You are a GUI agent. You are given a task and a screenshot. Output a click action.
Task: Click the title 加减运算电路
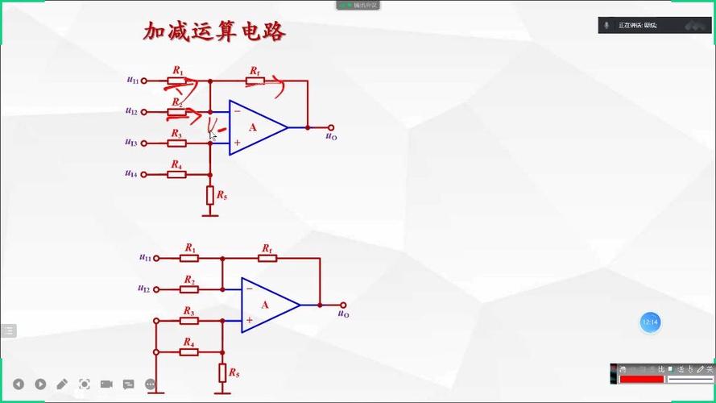point(214,31)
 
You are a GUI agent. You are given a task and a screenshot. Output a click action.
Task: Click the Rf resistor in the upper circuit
point(255,81)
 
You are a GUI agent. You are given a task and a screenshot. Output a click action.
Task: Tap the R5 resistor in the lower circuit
point(222,372)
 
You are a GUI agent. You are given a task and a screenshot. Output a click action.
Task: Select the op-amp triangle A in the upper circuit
point(255,127)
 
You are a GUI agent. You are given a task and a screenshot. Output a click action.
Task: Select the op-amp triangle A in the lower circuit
point(267,305)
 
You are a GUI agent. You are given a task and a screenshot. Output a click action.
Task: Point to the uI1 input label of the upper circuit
point(132,80)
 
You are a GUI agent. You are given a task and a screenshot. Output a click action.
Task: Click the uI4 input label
point(131,173)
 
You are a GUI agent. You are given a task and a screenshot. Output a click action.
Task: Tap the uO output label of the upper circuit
point(331,136)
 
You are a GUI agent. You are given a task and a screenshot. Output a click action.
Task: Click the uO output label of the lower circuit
point(344,314)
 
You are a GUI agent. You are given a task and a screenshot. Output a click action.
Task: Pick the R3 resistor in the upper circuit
point(177,143)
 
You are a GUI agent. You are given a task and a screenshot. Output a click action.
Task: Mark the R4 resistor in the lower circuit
point(189,351)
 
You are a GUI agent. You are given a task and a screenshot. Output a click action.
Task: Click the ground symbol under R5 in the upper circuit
point(210,214)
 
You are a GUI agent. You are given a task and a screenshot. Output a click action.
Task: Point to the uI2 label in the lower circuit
point(144,289)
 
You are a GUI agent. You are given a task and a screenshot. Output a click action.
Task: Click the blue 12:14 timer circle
point(650,322)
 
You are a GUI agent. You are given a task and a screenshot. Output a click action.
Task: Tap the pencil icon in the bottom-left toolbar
point(62,384)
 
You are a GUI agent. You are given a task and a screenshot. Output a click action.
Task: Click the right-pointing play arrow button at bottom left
point(40,384)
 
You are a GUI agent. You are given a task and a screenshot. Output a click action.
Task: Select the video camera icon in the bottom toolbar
point(106,384)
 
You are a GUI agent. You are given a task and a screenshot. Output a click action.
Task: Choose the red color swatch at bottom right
point(641,379)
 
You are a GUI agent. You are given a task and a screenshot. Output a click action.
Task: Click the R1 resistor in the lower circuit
point(189,258)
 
